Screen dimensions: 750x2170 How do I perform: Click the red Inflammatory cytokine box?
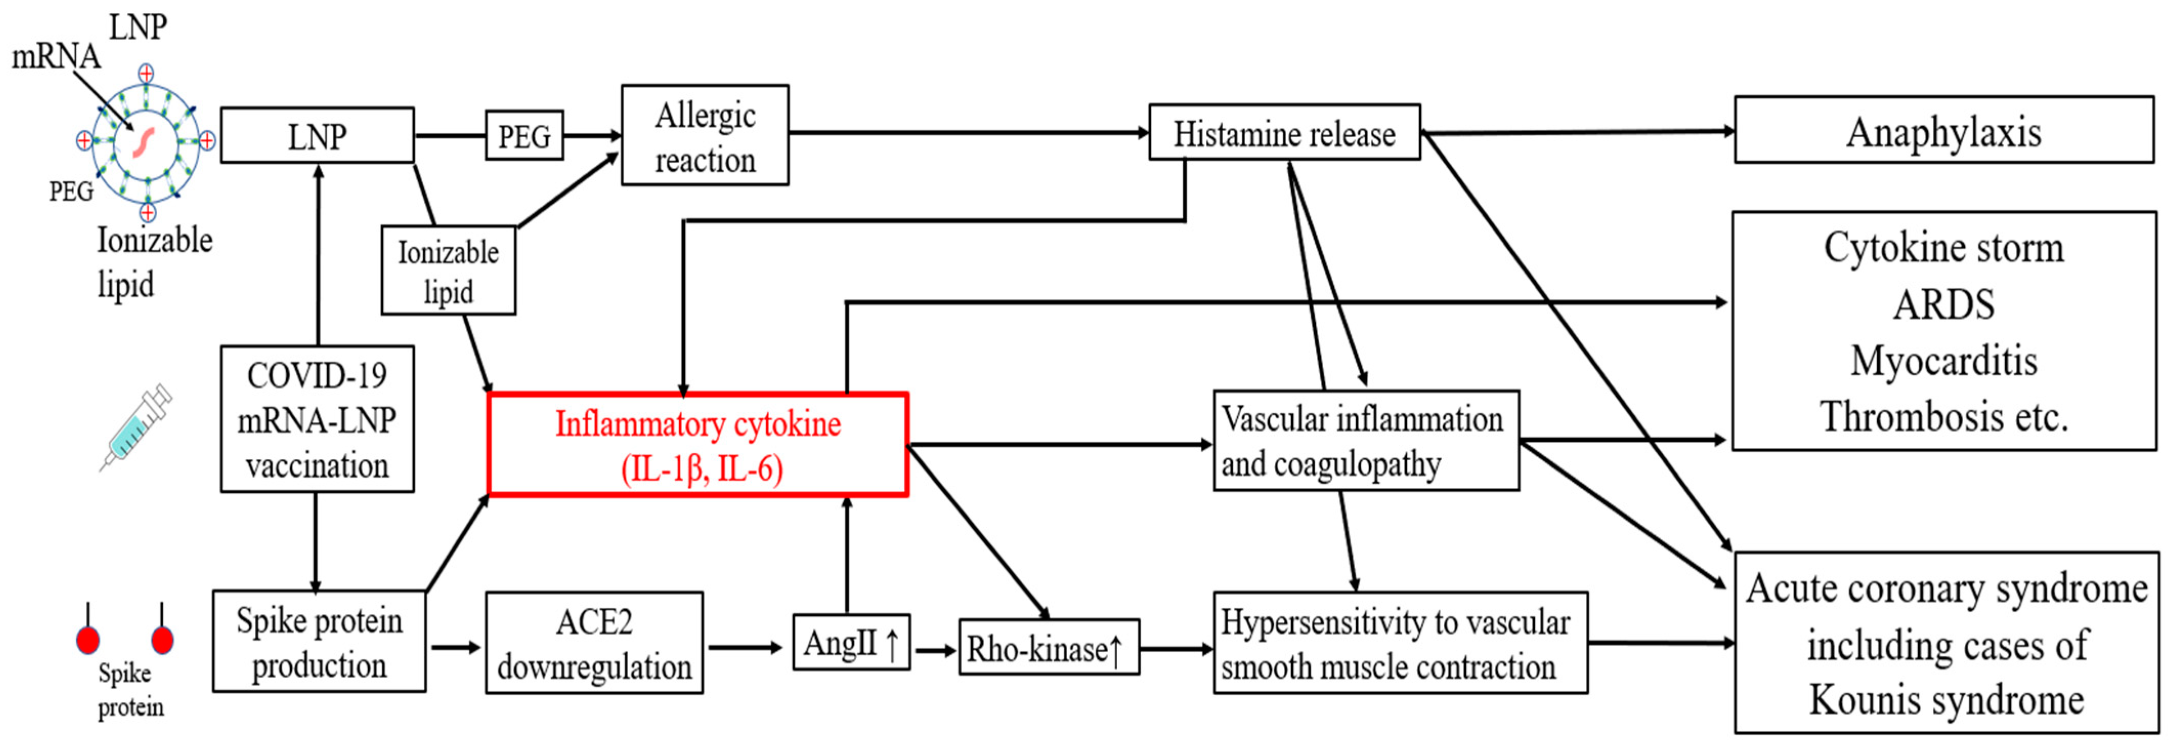coord(698,445)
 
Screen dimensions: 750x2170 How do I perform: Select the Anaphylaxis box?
coord(1943,131)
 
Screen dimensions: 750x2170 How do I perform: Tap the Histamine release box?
coord(1284,132)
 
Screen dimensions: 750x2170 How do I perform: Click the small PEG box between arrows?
coord(524,135)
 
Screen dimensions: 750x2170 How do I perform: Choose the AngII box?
coord(851,643)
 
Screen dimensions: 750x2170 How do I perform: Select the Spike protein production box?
coord(319,642)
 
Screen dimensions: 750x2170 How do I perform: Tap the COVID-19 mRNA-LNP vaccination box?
coord(318,419)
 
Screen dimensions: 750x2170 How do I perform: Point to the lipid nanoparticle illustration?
coord(146,141)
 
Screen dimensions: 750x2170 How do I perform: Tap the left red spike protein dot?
coord(88,639)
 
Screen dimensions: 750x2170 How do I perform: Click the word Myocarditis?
coord(1943,361)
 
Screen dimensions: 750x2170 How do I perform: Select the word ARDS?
coord(1943,304)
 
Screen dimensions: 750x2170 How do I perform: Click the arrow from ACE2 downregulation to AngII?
coord(746,647)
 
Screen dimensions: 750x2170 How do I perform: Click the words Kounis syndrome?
coord(1946,699)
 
